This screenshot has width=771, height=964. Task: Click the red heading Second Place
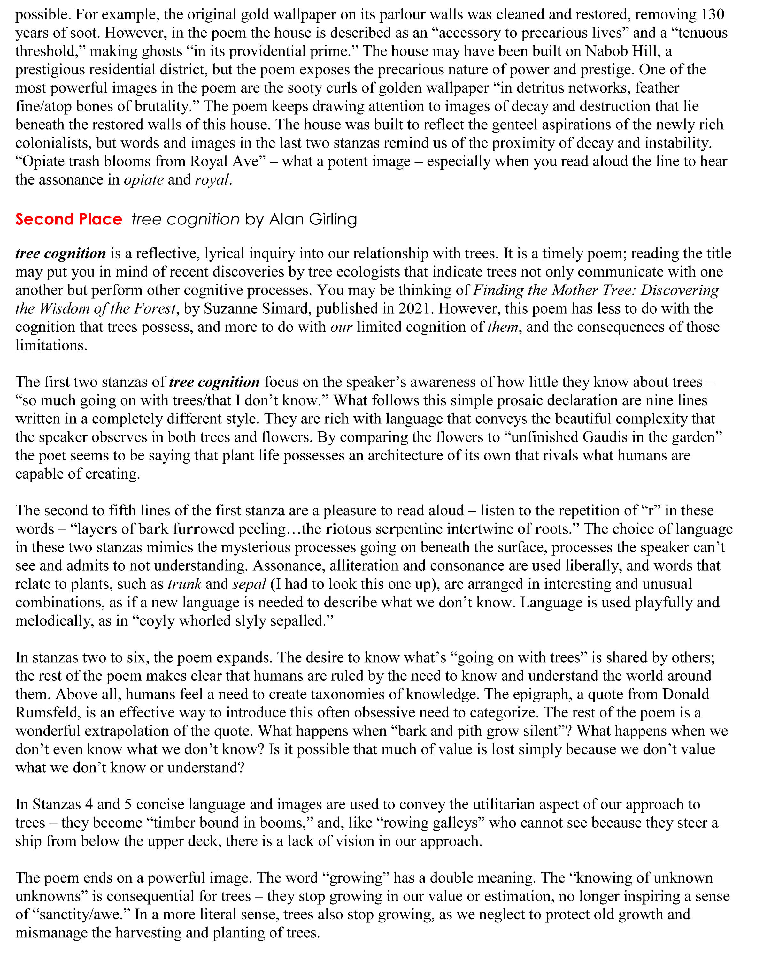tap(68, 219)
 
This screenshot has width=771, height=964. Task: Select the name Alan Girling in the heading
tap(313, 219)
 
